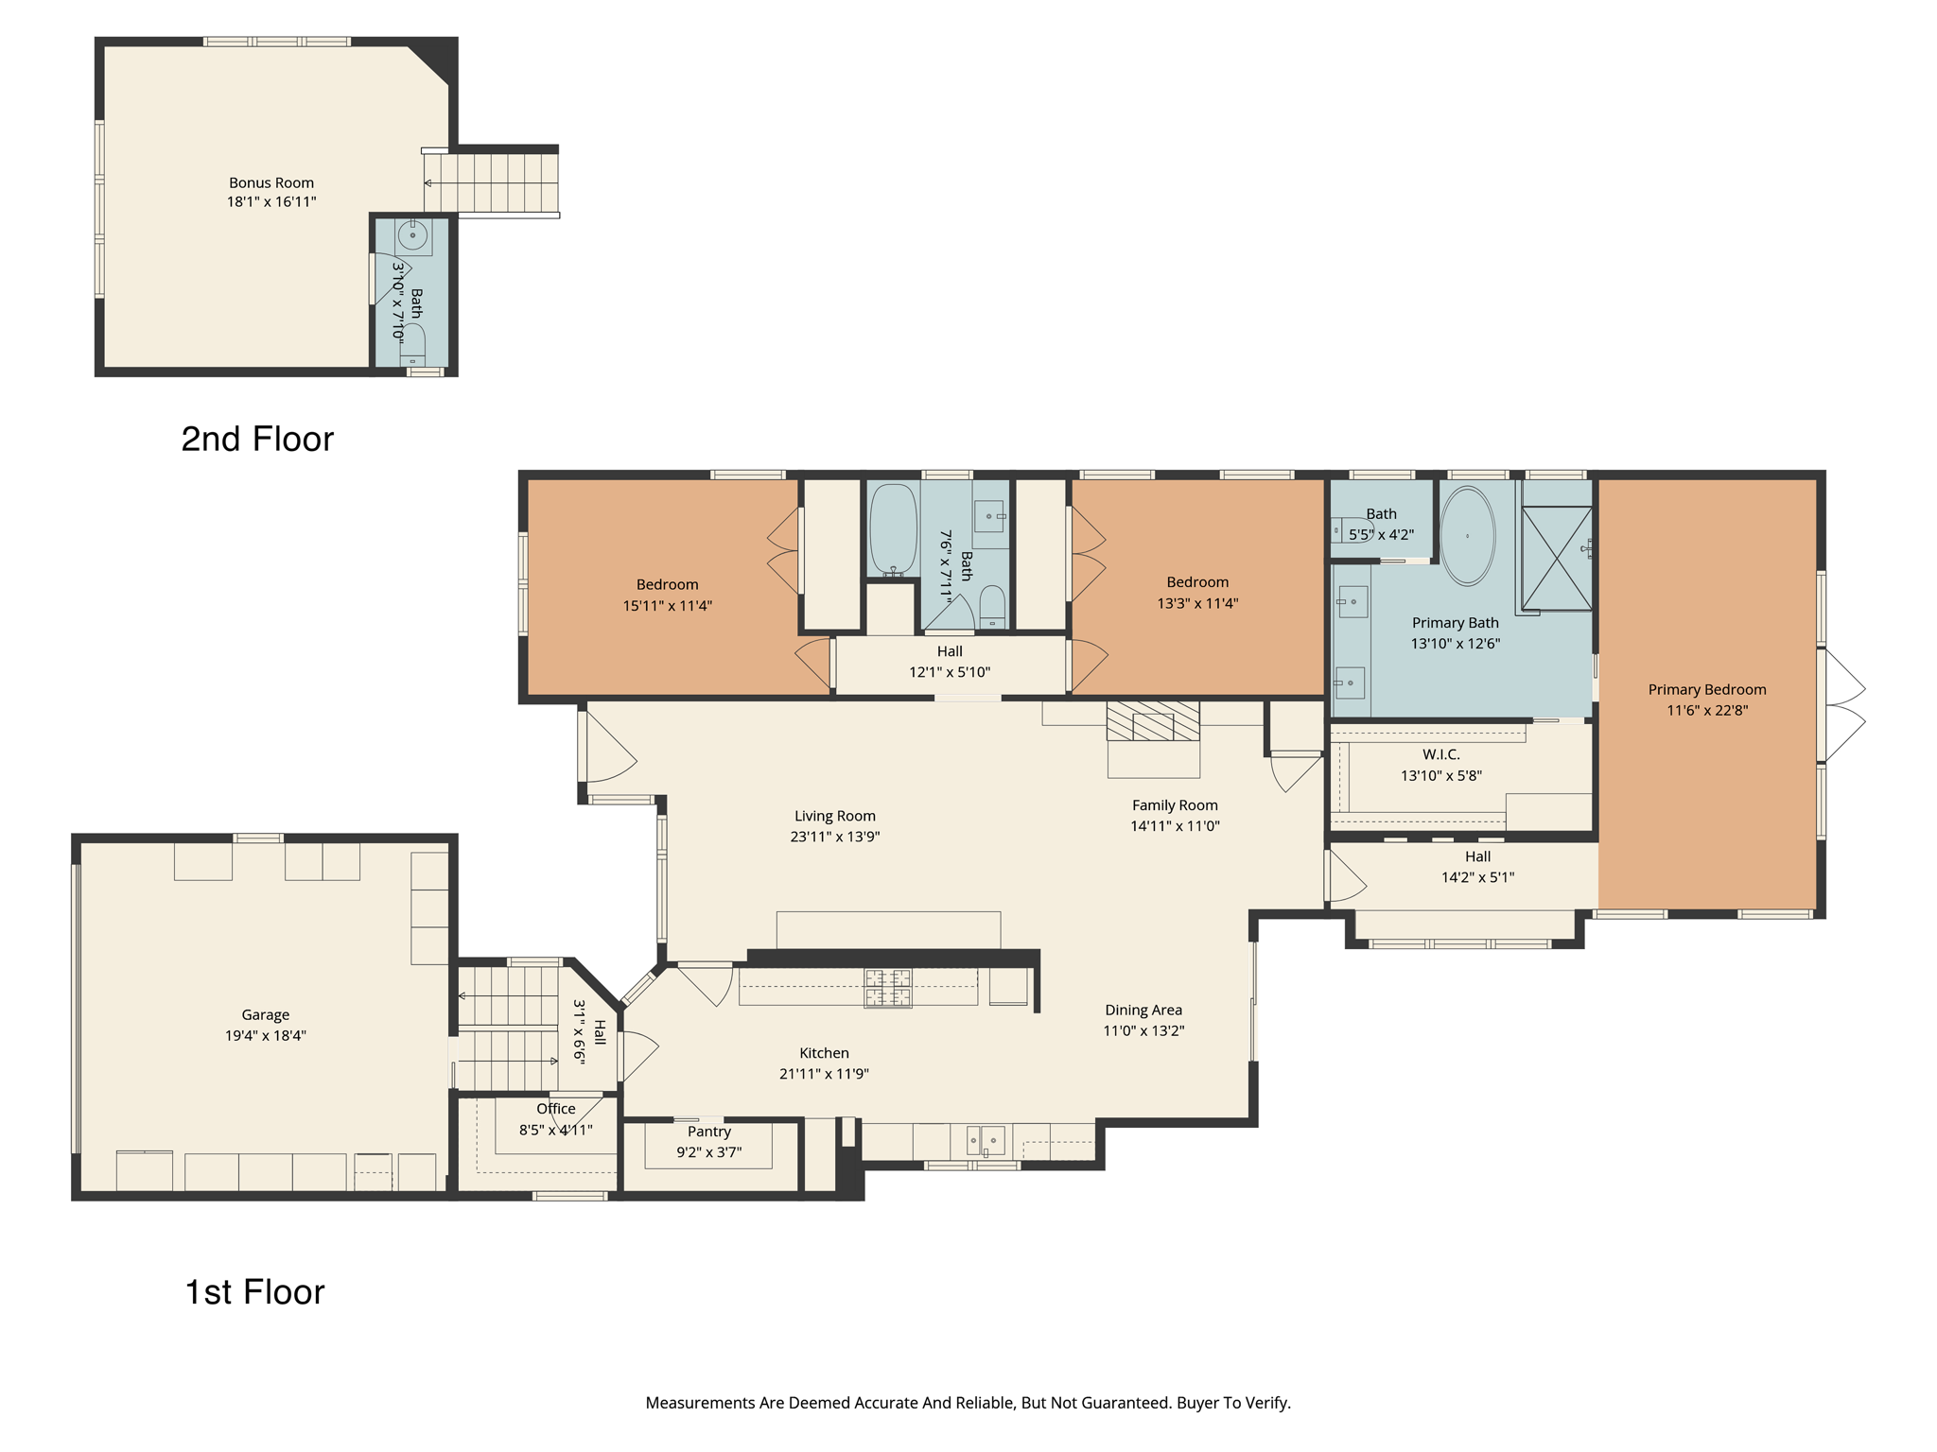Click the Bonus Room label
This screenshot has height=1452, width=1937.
270,182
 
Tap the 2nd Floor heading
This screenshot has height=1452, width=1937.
257,439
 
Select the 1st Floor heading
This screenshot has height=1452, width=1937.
254,1291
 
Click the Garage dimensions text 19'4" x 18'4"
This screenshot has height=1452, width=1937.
265,1035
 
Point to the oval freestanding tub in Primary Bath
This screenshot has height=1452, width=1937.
1467,536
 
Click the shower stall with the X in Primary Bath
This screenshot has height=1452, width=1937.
1556,558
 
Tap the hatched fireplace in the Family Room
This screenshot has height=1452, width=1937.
1153,720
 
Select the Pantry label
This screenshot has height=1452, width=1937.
708,1132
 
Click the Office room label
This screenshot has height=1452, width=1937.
555,1109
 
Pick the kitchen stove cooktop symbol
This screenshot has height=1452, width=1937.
887,988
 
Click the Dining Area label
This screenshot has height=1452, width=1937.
1143,1010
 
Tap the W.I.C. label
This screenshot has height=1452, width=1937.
1440,754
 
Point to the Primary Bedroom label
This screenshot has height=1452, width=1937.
1706,689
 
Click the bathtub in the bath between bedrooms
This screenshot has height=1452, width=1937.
893,529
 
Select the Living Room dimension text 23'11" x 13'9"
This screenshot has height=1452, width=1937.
834,837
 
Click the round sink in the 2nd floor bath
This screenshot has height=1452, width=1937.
412,234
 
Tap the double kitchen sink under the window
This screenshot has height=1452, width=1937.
985,1140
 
